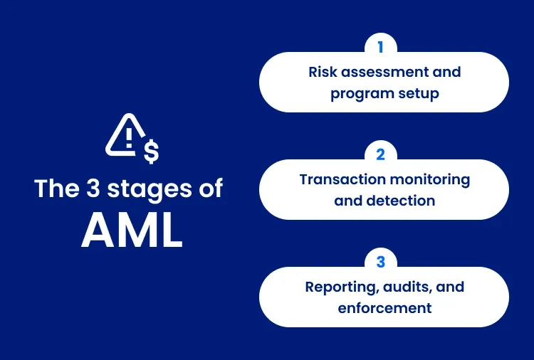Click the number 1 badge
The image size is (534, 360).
coord(380,47)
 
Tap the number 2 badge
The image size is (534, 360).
coord(380,154)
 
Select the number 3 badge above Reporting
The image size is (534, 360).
coord(380,262)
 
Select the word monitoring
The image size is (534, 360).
coord(432,179)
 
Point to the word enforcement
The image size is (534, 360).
coord(384,308)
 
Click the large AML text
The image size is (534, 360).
coord(132,230)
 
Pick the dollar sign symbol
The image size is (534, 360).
coord(151,151)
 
